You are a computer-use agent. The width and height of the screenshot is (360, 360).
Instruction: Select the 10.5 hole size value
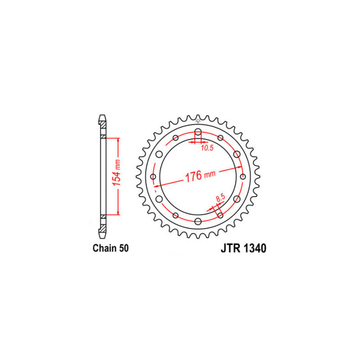coord(207,148)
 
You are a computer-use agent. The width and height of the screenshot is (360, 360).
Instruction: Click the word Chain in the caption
coord(103,249)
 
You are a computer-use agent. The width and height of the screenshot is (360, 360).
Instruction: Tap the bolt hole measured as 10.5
coord(198,132)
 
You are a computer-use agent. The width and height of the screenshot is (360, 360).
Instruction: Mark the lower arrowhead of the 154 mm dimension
coord(118,213)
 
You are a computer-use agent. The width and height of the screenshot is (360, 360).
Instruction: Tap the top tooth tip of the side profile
coord(102,117)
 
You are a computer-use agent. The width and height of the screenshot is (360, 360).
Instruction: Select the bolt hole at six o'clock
coord(198,221)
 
